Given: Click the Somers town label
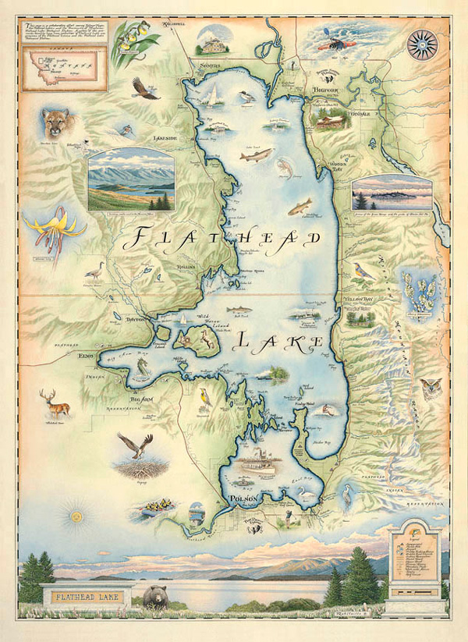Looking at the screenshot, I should click(x=210, y=66).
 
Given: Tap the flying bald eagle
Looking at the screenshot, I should click(x=145, y=88).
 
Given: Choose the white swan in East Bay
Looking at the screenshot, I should click(x=307, y=495).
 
